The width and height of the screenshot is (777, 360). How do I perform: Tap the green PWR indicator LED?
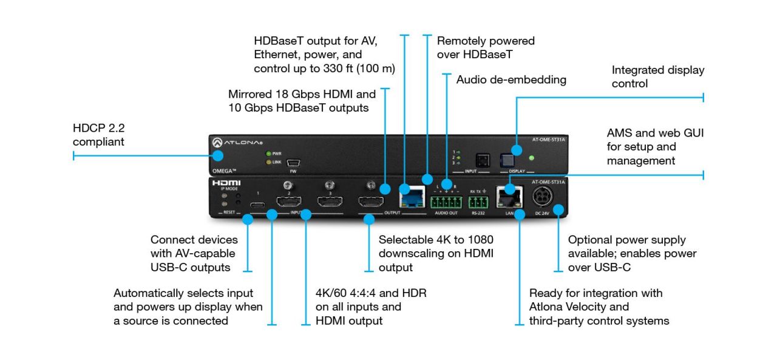coord(267,154)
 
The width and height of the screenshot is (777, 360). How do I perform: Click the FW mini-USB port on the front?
coord(293,163)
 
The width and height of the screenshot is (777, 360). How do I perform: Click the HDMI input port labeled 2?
coord(290,202)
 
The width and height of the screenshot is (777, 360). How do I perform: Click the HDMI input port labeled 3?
coord(330,202)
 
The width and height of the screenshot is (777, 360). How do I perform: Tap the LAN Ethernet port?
coord(506,197)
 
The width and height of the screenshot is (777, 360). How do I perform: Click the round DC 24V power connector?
coord(542,197)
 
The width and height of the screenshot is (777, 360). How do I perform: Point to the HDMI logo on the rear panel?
coord(226,182)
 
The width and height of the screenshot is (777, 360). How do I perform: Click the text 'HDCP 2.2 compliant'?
coord(98,135)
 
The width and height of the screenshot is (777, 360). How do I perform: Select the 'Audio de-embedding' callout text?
coord(511,80)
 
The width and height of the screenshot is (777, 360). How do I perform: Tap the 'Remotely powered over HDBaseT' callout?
coord(486,48)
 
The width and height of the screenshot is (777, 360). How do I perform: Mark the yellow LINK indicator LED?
coord(267,161)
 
